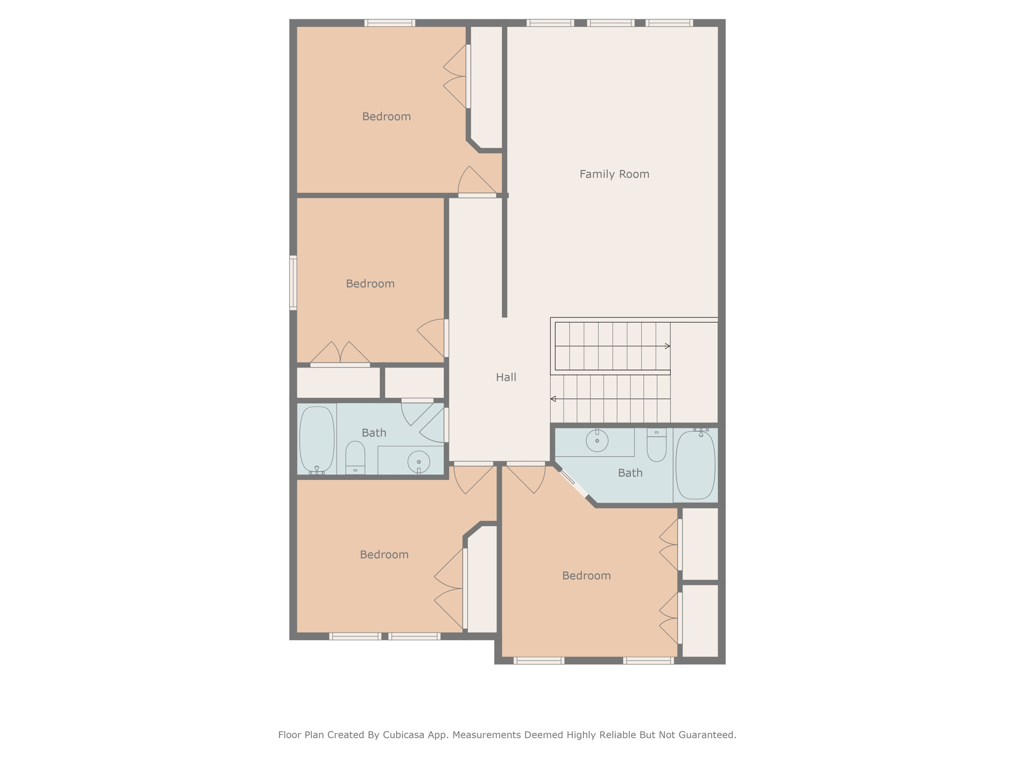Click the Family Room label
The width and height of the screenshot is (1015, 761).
pyautogui.click(x=614, y=174)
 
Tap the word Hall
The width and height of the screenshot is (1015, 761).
pyautogui.click(x=506, y=378)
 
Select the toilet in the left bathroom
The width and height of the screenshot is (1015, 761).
pyautogui.click(x=355, y=457)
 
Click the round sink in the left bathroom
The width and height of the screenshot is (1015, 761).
pyautogui.click(x=419, y=462)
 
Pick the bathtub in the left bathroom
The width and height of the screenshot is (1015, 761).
pyautogui.click(x=317, y=439)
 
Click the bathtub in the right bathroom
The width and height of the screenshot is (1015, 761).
pyautogui.click(x=695, y=465)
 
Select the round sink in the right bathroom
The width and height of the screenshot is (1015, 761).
pyautogui.click(x=597, y=440)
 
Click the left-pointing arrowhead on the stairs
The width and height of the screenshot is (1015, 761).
pyautogui.click(x=553, y=399)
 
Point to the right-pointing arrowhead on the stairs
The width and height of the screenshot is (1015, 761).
pyautogui.click(x=668, y=346)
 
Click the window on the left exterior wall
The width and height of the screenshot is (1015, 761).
pyautogui.click(x=293, y=283)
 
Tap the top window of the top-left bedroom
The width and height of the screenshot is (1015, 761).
pyautogui.click(x=390, y=23)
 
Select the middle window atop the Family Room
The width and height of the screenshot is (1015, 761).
pyautogui.click(x=611, y=23)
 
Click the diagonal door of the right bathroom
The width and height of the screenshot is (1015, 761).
pyautogui.click(x=573, y=483)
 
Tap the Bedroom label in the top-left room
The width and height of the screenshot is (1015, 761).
pyautogui.click(x=387, y=117)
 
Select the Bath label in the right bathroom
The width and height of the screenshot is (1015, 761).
pyautogui.click(x=630, y=473)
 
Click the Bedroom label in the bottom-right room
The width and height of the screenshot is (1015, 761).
pyautogui.click(x=586, y=576)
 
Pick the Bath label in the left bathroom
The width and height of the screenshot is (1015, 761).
pyautogui.click(x=374, y=433)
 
